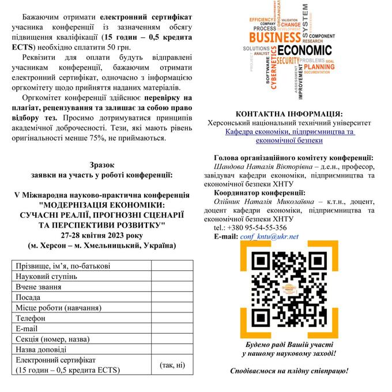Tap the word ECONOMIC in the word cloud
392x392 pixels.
click(301, 50)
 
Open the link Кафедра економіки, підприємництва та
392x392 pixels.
click(290, 132)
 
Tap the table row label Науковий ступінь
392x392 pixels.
click(47, 276)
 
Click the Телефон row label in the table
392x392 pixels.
click(31, 318)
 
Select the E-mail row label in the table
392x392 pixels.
click(27, 328)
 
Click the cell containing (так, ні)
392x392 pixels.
click(172, 364)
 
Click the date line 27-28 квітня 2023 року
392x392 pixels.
click(101, 235)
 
